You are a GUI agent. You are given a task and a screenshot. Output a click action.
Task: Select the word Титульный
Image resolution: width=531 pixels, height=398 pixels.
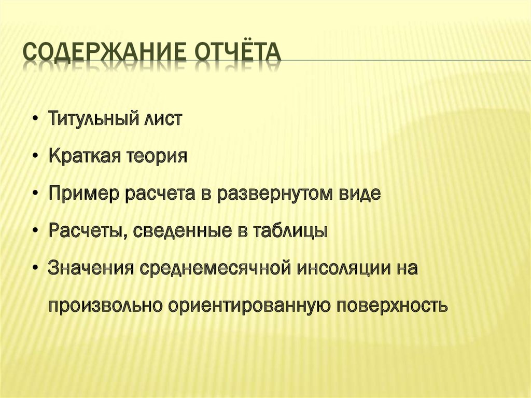click(93, 118)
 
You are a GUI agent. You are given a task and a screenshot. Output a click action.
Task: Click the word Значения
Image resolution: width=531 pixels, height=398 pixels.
click(91, 268)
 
